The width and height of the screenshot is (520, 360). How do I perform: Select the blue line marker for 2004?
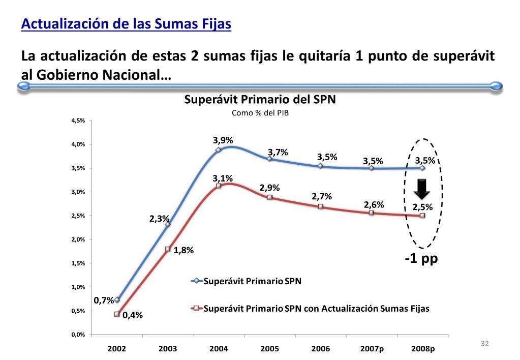[x=219, y=150]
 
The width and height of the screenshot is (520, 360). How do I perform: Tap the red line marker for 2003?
[x=168, y=249]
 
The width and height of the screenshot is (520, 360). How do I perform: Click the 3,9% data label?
[x=223, y=140]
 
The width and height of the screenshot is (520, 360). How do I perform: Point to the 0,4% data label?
[x=132, y=315]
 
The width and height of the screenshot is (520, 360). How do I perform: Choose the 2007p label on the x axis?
[x=372, y=349]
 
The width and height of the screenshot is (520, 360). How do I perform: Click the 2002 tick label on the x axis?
[x=117, y=349]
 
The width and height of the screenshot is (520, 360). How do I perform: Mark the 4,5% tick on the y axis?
[x=78, y=121]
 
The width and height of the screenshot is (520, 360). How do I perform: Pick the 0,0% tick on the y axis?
[x=78, y=335]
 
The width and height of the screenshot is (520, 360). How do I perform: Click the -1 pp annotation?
[x=421, y=258]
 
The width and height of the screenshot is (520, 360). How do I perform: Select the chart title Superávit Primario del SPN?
[x=260, y=100]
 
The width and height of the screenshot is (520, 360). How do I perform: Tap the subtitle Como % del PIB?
[x=260, y=113]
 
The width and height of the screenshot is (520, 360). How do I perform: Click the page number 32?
[x=484, y=344]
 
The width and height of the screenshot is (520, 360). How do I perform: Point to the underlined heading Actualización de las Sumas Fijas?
[x=126, y=24]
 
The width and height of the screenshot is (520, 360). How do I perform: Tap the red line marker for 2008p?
[x=422, y=216]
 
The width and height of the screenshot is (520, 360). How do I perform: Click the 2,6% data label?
[x=374, y=204]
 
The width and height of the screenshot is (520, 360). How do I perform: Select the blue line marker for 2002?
[x=117, y=300]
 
